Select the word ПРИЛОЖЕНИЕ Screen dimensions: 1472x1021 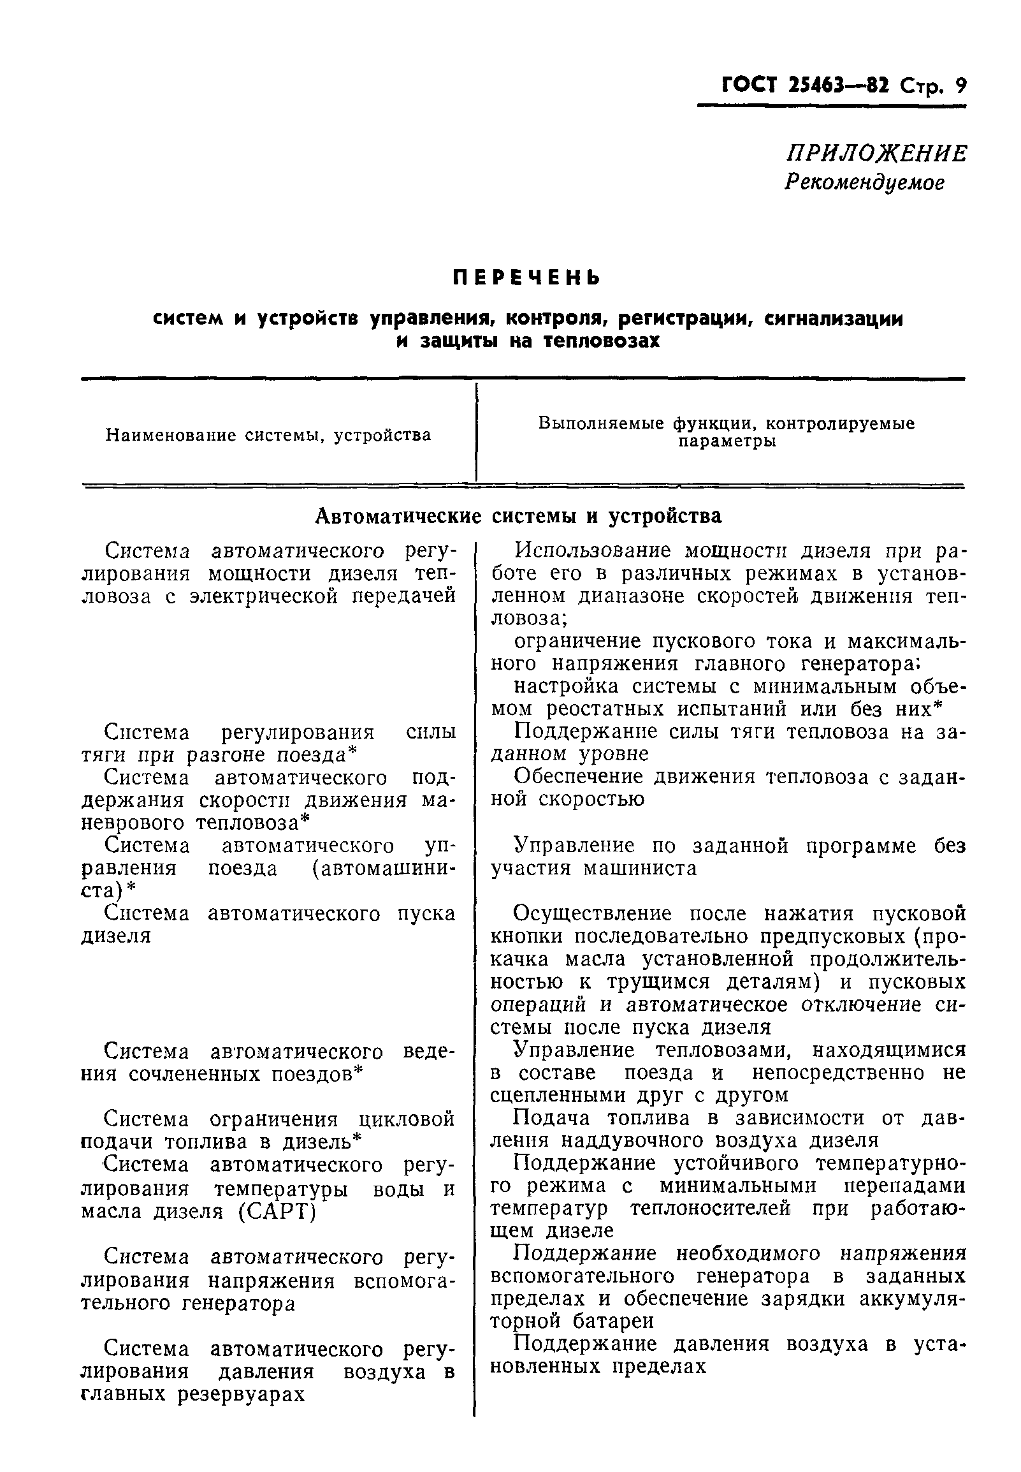876,154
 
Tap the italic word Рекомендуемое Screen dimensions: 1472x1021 864,183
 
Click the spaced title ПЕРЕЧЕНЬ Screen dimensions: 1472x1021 526,279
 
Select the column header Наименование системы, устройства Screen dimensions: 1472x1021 268,435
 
